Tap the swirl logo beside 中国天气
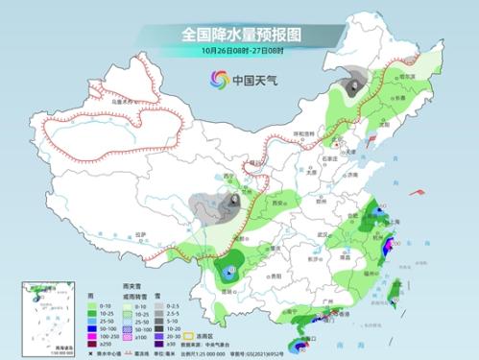click(217, 81)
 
